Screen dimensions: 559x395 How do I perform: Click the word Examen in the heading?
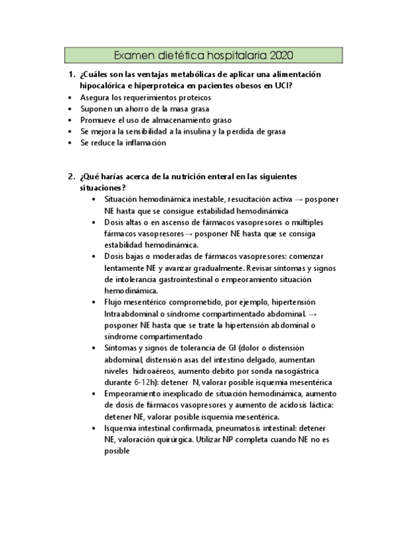coord(134,55)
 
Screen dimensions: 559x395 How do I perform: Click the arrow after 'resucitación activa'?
coord(282,200)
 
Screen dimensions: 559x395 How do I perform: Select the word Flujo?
coord(115,302)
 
